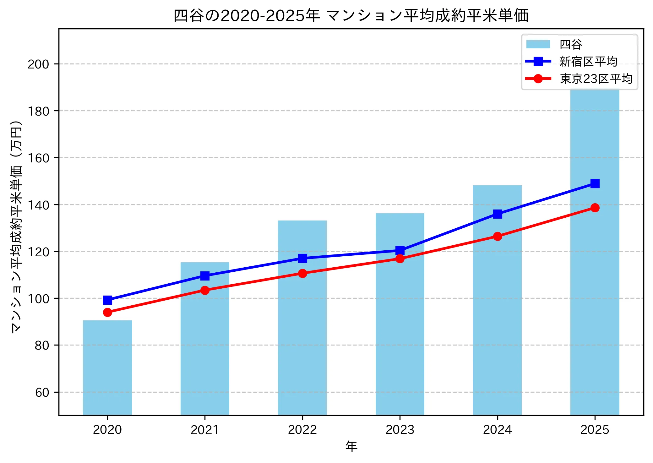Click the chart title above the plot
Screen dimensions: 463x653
(351, 16)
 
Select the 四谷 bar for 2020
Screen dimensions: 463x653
(107, 368)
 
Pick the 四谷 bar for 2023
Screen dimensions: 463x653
(400, 314)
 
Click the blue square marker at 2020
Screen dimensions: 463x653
(107, 300)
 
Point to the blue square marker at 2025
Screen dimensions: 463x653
(595, 183)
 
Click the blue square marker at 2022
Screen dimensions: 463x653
(302, 258)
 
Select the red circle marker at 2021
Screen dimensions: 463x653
(205, 290)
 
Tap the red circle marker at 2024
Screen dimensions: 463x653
(497, 236)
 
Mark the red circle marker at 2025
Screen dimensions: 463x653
(595, 208)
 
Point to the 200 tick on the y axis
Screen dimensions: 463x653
(38, 64)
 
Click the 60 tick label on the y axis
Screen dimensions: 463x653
(42, 392)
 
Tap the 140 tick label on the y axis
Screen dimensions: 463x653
(38, 205)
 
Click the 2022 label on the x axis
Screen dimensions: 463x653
(302, 429)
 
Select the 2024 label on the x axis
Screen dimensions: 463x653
(497, 429)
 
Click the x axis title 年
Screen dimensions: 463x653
(351, 446)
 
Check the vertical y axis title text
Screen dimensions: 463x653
(16, 226)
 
